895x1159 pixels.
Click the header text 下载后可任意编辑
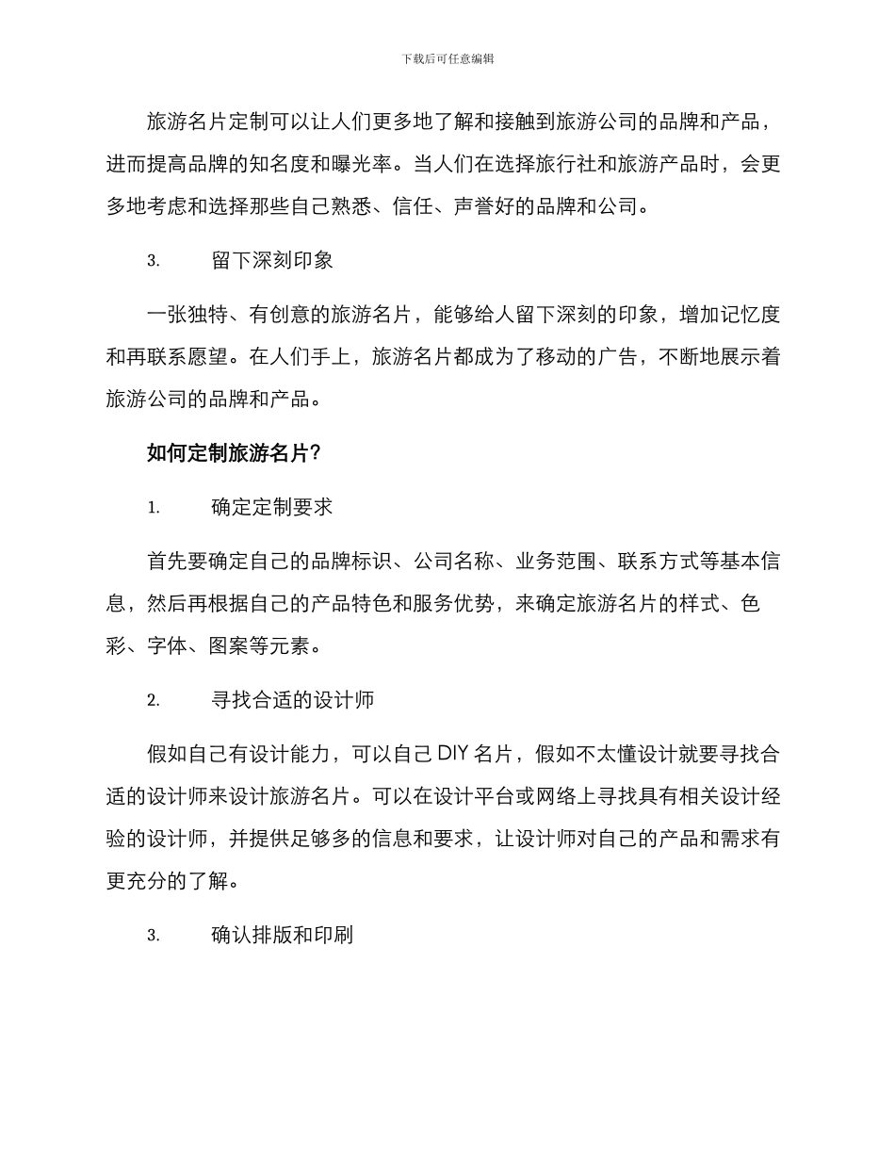point(447,58)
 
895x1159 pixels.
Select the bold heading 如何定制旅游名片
point(227,453)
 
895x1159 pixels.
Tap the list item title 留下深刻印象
point(273,261)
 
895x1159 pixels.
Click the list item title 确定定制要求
point(273,507)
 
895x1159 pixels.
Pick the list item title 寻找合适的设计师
point(294,700)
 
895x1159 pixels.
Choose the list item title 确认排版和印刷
point(284,936)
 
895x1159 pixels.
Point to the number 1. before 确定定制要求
point(154,508)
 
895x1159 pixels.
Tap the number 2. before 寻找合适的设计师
point(154,701)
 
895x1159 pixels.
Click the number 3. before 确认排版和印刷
point(154,937)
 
